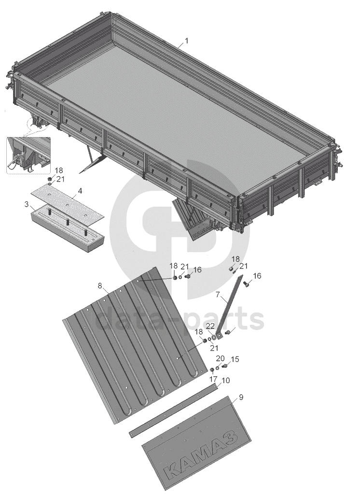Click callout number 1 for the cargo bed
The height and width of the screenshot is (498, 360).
187,41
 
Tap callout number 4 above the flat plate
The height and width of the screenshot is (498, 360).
80,191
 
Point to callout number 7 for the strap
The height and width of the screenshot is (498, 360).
218,295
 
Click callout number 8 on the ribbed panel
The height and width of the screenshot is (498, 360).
100,285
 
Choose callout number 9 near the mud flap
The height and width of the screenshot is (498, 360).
241,397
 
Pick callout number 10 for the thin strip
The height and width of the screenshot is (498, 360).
226,380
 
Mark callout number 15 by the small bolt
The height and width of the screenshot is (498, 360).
235,359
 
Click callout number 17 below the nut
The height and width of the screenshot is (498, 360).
213,379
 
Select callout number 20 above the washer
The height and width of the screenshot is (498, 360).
220,358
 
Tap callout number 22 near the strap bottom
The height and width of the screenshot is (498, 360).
210,326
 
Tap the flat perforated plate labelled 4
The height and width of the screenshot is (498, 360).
68,205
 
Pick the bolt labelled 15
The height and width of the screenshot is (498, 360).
225,366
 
